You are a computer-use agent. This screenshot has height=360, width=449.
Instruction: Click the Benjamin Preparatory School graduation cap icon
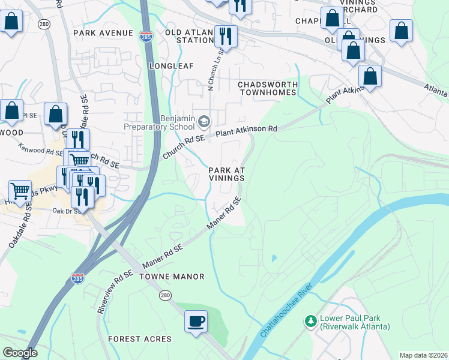[204, 122]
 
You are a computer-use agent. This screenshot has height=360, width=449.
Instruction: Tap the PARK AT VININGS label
[226, 174]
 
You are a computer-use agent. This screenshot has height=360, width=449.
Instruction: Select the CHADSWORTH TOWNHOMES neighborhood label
[268, 88]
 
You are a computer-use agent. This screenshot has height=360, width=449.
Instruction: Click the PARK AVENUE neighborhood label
[103, 32]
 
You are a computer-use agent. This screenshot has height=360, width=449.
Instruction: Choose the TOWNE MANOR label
[172, 277]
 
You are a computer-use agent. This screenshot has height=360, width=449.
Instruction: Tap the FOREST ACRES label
[140, 339]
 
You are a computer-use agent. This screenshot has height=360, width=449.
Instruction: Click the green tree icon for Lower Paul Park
[310, 322]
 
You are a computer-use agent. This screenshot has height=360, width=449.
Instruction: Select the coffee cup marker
[196, 321]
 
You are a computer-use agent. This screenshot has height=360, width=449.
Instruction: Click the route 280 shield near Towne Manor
[166, 295]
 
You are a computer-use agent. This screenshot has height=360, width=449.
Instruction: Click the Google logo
[20, 353]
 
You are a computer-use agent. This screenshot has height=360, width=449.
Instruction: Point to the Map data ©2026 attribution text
[423, 355]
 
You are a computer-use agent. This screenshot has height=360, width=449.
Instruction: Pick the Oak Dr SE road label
[66, 211]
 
